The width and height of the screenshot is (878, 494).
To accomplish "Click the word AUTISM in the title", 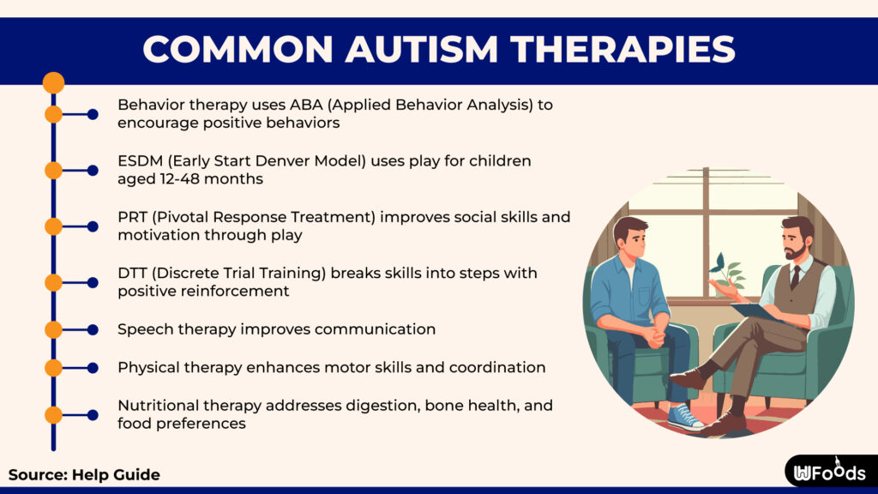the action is (421, 49).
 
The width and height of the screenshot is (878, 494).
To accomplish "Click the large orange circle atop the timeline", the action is (54, 83).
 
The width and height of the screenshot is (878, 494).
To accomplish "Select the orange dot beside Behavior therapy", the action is (54, 114).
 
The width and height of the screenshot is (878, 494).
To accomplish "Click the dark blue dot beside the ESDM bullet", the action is (93, 171).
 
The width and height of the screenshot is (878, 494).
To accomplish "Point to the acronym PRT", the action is (132, 217).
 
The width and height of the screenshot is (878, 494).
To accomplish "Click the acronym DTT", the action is (132, 274).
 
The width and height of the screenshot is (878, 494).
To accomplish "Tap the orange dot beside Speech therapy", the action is (54, 330).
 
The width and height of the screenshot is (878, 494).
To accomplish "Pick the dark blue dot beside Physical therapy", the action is (93, 368).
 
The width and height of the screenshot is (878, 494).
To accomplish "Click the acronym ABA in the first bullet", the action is (304, 105).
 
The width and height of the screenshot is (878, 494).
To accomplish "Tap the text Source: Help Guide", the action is (85, 475).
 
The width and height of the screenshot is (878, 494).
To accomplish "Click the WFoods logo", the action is (829, 473).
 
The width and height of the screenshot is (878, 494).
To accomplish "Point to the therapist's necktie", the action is (795, 277).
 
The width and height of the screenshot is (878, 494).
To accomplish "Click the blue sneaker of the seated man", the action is (685, 418).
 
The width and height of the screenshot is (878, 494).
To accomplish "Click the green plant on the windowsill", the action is (727, 273).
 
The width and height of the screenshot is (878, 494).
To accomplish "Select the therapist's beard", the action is (796, 251).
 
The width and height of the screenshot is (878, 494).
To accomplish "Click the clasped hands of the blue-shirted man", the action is (652, 336).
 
